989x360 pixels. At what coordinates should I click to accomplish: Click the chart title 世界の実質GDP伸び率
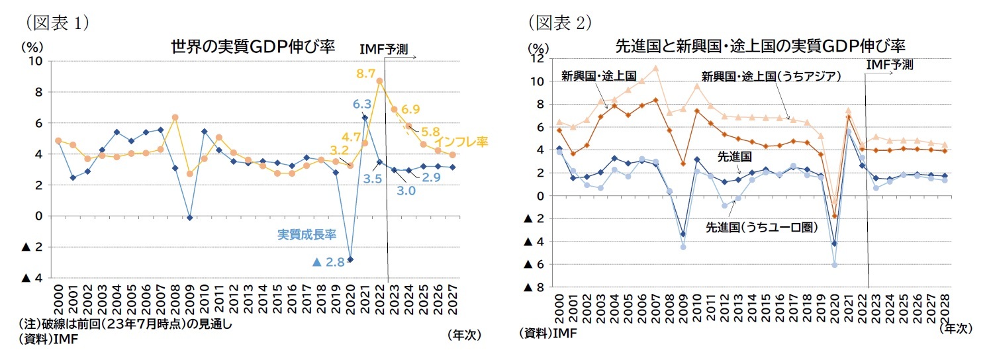[254, 47]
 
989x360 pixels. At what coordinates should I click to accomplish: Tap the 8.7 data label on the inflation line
[366, 73]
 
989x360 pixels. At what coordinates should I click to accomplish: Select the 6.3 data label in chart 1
[361, 104]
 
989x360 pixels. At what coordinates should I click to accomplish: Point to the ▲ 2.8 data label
[328, 262]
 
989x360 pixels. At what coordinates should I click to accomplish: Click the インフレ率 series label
[461, 142]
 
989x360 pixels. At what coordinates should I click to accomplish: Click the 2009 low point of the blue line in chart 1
[190, 218]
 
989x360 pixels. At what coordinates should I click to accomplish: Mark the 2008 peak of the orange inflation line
[175, 118]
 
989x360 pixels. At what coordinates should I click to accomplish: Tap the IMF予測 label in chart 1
[383, 49]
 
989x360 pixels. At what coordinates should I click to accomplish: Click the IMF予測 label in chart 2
[889, 65]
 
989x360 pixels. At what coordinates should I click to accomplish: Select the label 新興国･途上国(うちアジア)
[771, 76]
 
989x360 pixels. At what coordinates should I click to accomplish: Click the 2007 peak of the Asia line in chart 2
[655, 68]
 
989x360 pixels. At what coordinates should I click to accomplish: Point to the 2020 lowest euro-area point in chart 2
[835, 265]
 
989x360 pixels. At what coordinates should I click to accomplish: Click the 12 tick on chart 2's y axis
[538, 59]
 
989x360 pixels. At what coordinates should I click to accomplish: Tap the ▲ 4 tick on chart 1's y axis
[32, 279]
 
